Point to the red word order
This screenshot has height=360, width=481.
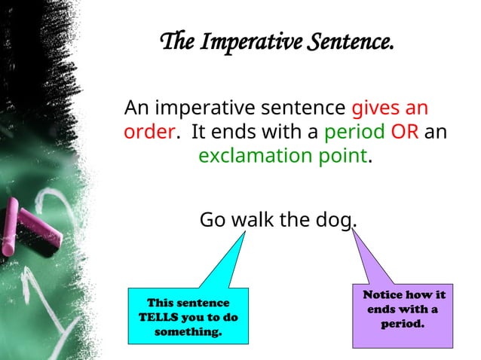click(x=149, y=131)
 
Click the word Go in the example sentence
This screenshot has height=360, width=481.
click(x=212, y=220)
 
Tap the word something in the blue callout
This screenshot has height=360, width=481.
click(x=188, y=331)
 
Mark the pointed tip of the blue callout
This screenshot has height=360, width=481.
click(x=245, y=233)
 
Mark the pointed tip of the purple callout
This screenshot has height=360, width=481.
click(x=352, y=231)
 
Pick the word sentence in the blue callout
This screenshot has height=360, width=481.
click(x=204, y=303)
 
